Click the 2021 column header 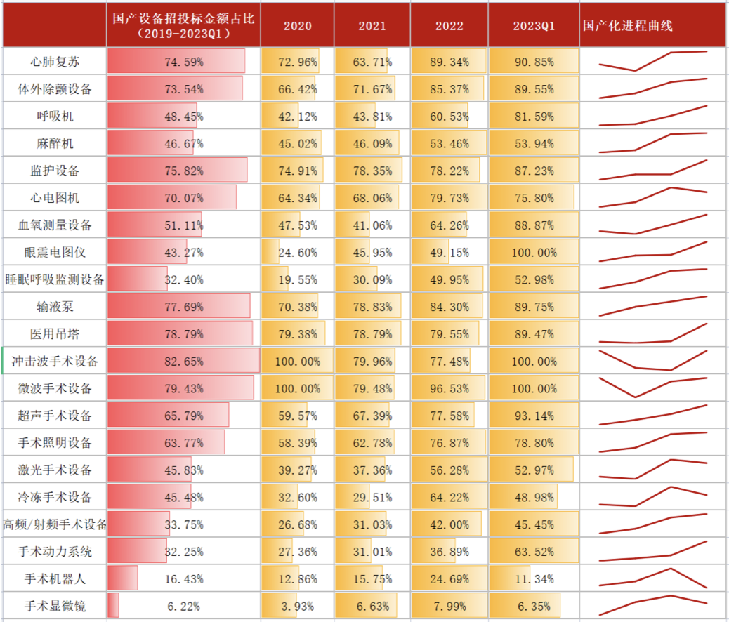tap(372, 26)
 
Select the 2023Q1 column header tap(534, 26)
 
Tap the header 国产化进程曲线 tap(628, 26)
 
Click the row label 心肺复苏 tap(55, 62)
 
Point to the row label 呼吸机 tap(55, 116)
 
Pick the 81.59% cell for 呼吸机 tap(534, 116)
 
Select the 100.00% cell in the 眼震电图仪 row tap(534, 252)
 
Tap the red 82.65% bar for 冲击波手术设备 tap(184, 362)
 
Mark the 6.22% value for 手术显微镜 tap(184, 606)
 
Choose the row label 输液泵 tap(55, 307)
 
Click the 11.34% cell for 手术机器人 tap(534, 579)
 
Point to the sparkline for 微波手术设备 tap(653, 387)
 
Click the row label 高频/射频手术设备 tap(55, 524)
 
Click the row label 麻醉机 tap(55, 143)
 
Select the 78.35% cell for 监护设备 tap(372, 171)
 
